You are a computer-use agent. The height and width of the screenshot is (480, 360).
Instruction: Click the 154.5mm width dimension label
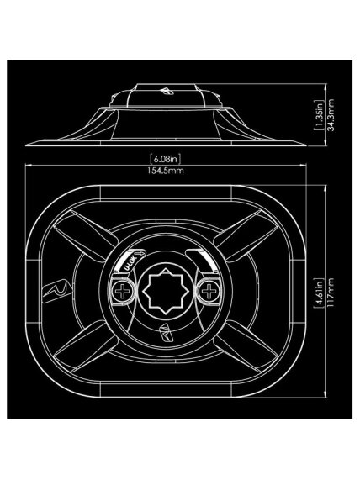(166, 171)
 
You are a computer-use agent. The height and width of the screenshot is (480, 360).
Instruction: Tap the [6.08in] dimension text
(166, 159)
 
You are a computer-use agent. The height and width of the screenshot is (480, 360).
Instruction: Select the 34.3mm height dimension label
(331, 115)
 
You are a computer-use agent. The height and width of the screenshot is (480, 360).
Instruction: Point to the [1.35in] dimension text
(320, 115)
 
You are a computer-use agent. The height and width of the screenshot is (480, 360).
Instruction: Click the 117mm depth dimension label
(331, 291)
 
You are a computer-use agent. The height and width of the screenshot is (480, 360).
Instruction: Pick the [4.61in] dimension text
(320, 292)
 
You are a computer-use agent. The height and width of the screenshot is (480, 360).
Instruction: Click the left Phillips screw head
(122, 291)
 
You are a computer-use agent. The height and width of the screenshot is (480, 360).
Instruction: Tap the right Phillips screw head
(209, 291)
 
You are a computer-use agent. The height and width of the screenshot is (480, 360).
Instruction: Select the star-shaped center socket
(166, 291)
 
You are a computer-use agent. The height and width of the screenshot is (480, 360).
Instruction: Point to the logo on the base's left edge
(56, 291)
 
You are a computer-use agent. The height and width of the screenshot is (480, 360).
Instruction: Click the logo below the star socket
(166, 333)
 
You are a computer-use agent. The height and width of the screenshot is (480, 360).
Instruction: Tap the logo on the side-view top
(167, 91)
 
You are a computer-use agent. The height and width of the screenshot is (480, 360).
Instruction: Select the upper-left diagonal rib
(85, 235)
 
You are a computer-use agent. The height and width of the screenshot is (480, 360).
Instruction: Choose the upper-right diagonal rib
(246, 235)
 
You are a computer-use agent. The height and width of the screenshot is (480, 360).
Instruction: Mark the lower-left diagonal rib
(85, 346)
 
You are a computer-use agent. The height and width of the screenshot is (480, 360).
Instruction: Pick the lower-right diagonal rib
(246, 346)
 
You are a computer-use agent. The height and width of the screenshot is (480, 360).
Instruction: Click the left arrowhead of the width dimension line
(29, 166)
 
